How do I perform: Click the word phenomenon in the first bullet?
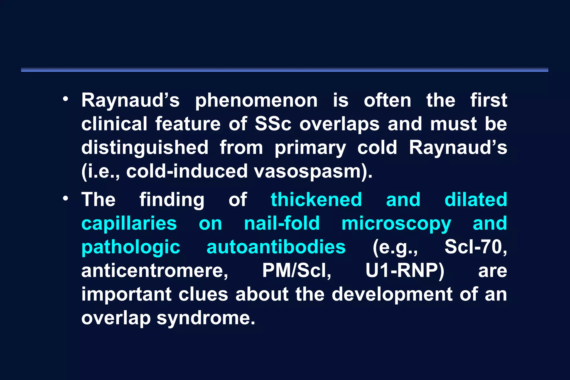click(256, 101)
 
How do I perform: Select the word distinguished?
click(145, 148)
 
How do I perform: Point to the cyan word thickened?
click(316, 200)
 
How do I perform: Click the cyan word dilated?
click(476, 200)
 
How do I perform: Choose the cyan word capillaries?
click(129, 223)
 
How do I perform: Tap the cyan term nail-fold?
click(282, 223)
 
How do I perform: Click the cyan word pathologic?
click(131, 247)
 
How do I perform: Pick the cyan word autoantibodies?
click(276, 247)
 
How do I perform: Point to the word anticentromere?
click(154, 271)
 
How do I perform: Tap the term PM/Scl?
click(297, 271)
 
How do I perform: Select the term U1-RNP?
click(404, 271)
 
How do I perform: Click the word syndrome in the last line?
click(206, 318)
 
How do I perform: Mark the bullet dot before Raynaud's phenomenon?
click(65, 99)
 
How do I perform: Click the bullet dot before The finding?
click(65, 199)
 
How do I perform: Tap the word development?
click(392, 295)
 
